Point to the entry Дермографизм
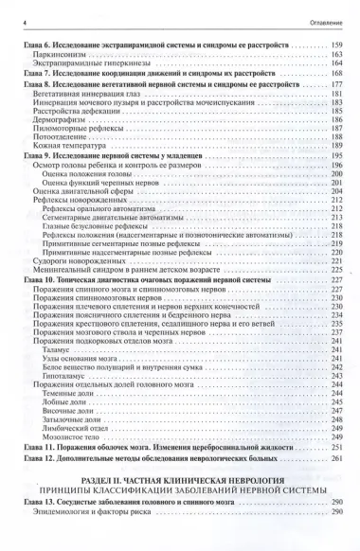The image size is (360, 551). coord(61,147)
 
